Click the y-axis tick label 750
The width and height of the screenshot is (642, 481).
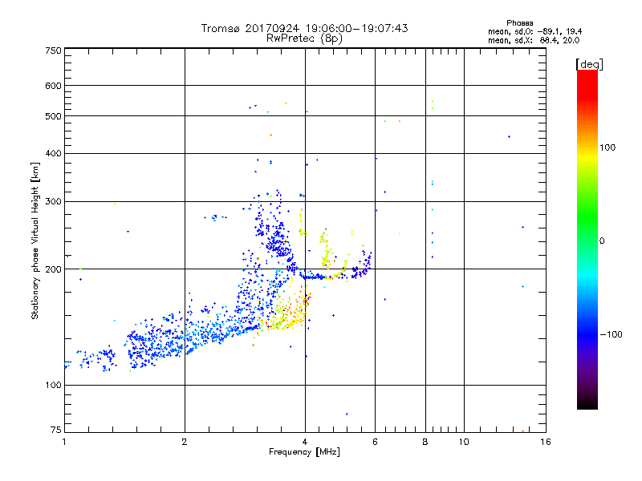(53, 51)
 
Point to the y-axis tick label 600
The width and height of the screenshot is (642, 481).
(53, 86)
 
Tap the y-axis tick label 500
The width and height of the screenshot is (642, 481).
(53, 116)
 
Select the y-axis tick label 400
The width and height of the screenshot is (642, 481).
(53, 153)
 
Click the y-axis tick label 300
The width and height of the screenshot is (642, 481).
(53, 201)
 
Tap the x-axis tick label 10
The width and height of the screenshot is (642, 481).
(462, 442)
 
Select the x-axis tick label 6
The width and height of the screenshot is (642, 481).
(375, 442)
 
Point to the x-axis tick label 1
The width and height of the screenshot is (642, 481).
(65, 442)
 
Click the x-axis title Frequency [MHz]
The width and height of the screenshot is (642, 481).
(303, 453)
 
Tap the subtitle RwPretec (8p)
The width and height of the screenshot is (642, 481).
(305, 38)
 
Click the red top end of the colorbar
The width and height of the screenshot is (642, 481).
(587, 75)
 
